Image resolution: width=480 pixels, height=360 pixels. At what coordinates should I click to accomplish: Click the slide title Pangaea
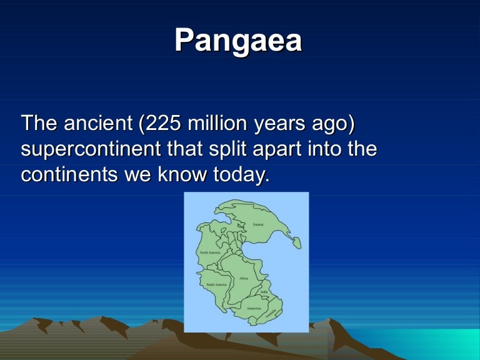[x=238, y=41]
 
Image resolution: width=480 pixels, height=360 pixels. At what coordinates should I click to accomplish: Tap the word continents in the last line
[x=67, y=174]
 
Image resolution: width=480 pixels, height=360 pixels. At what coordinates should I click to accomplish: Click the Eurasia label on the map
[x=257, y=224]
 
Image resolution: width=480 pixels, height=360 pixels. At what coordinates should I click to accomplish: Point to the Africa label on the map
[x=244, y=278]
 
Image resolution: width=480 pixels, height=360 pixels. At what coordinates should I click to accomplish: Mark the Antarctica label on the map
[x=254, y=308]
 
